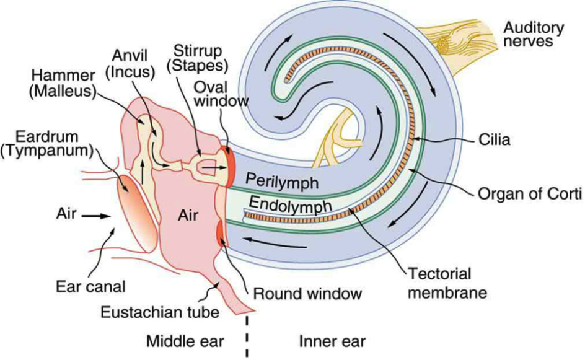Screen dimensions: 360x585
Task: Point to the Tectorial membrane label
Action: pos(439,282)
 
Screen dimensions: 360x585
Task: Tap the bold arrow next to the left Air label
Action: pos(97,216)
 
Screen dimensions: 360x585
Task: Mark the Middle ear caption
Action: pos(184,341)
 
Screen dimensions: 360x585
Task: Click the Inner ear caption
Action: pos(332,341)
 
